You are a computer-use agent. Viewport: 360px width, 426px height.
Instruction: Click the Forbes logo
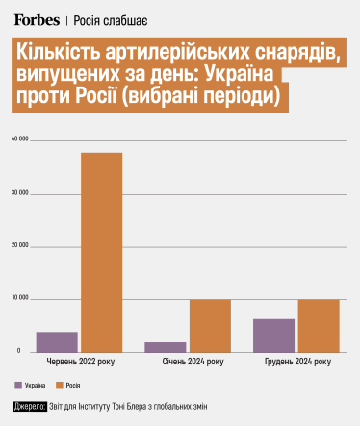coord(39,18)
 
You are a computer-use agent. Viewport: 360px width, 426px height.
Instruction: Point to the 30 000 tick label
coord(20,193)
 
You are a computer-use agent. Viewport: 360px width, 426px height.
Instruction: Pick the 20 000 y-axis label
coord(20,246)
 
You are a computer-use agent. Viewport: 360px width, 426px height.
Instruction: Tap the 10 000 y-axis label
coord(20,299)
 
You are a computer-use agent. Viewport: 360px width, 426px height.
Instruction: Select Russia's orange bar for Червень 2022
coord(101,252)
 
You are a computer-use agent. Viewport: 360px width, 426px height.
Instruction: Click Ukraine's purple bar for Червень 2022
coord(57,341)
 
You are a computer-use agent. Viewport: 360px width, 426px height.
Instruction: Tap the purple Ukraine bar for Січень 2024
coord(165,346)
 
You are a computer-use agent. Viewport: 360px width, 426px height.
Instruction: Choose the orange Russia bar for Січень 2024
coord(210,325)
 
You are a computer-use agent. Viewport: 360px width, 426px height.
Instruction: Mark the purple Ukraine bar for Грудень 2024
coord(273,335)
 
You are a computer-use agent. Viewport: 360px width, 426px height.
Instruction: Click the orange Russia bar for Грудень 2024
coord(319,325)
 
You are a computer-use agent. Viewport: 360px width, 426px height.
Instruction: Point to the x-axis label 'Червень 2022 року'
coord(79,363)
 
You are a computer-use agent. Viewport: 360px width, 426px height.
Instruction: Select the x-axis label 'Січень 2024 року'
coord(188,363)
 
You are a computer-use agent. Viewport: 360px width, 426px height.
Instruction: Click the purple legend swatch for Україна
coord(18,385)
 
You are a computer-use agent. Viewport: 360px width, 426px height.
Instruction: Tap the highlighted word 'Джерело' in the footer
coord(30,406)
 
